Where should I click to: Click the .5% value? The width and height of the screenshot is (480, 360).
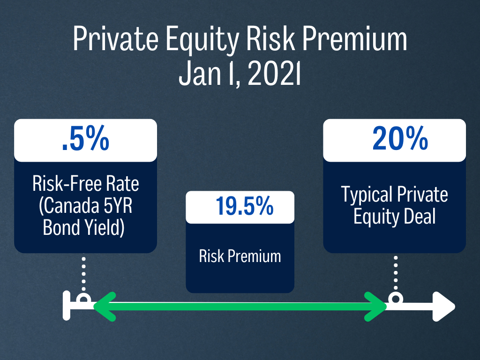pos(85,140)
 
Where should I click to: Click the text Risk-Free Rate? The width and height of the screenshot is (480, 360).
pos(86,184)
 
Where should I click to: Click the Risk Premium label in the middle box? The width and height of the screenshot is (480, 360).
pos(240,256)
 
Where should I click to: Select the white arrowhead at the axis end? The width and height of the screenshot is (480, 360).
pos(443,307)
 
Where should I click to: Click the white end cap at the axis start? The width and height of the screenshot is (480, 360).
pos(67,307)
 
